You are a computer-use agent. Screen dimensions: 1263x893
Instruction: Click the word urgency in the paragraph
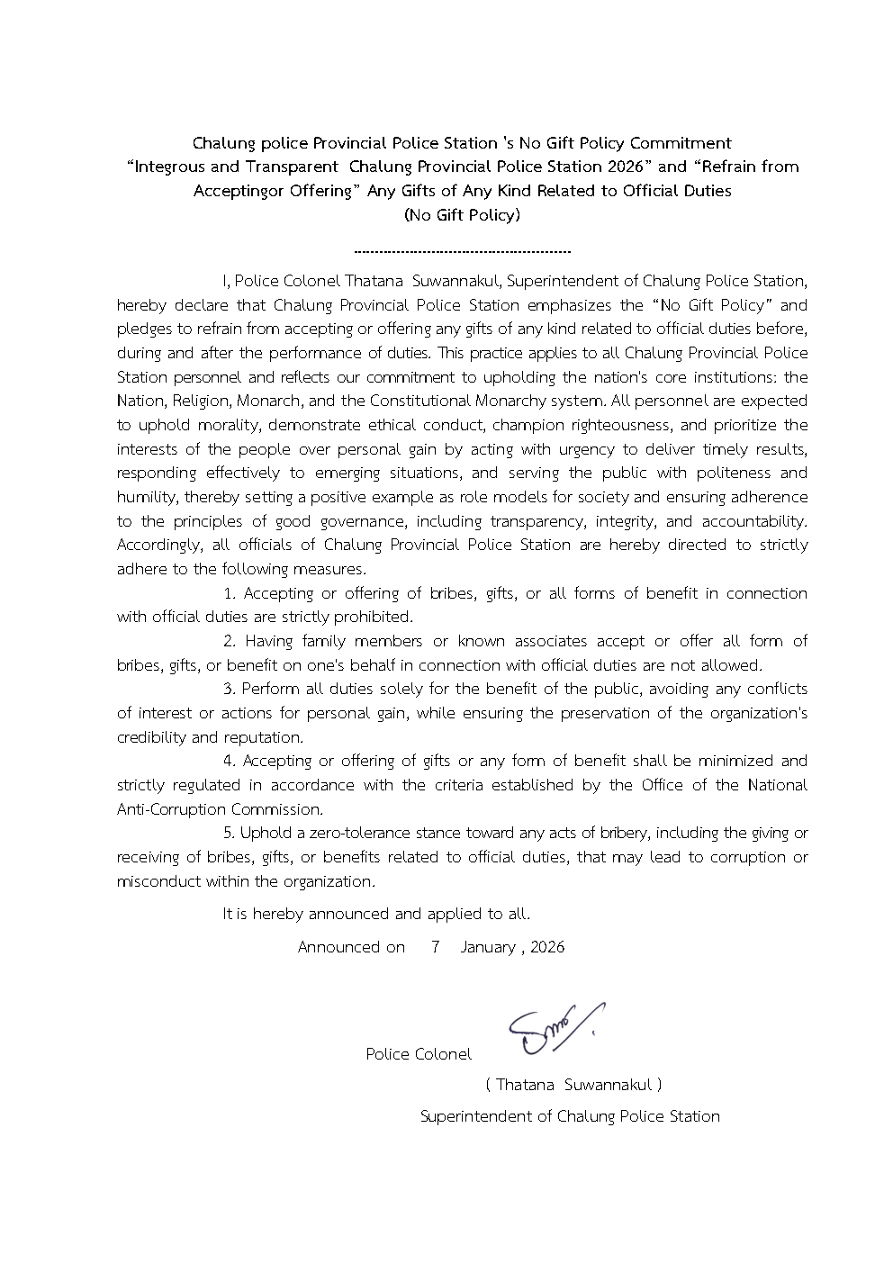(554, 448)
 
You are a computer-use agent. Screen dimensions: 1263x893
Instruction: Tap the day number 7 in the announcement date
(435, 947)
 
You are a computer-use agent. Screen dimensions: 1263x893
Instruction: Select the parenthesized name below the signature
(573, 1086)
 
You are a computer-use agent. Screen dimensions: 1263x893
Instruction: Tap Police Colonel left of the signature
(419, 1054)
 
